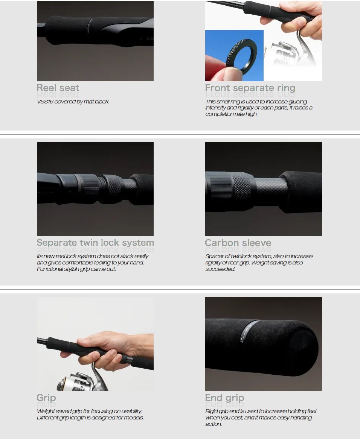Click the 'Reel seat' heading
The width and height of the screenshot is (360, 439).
pos(58,88)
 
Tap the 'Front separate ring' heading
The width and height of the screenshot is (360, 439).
pos(250,88)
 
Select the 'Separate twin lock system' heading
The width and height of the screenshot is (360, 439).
pos(95,243)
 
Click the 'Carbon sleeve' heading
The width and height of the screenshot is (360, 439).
pos(238,243)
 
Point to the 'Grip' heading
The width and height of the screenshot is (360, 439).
pos(46,398)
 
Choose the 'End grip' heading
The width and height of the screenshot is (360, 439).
pos(224,398)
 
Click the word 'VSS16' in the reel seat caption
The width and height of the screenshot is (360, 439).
pos(45,102)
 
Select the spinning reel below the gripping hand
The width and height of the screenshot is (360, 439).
pos(81,379)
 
